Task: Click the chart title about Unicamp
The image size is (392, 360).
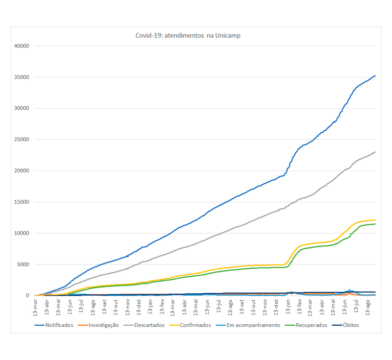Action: point(188,35)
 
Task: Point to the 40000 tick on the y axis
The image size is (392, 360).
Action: point(22,46)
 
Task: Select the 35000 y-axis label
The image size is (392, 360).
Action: point(22,77)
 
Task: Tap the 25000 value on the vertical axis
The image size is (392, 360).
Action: point(22,140)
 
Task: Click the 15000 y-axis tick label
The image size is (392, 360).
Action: point(22,202)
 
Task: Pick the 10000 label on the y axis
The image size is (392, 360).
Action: point(22,233)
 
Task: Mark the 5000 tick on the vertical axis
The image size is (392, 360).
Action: point(24,264)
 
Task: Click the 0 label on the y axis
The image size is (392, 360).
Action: point(28,295)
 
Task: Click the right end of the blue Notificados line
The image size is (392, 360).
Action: point(375,75)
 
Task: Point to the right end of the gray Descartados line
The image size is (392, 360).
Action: point(375,152)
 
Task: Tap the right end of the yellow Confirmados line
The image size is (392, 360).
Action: point(375,220)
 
